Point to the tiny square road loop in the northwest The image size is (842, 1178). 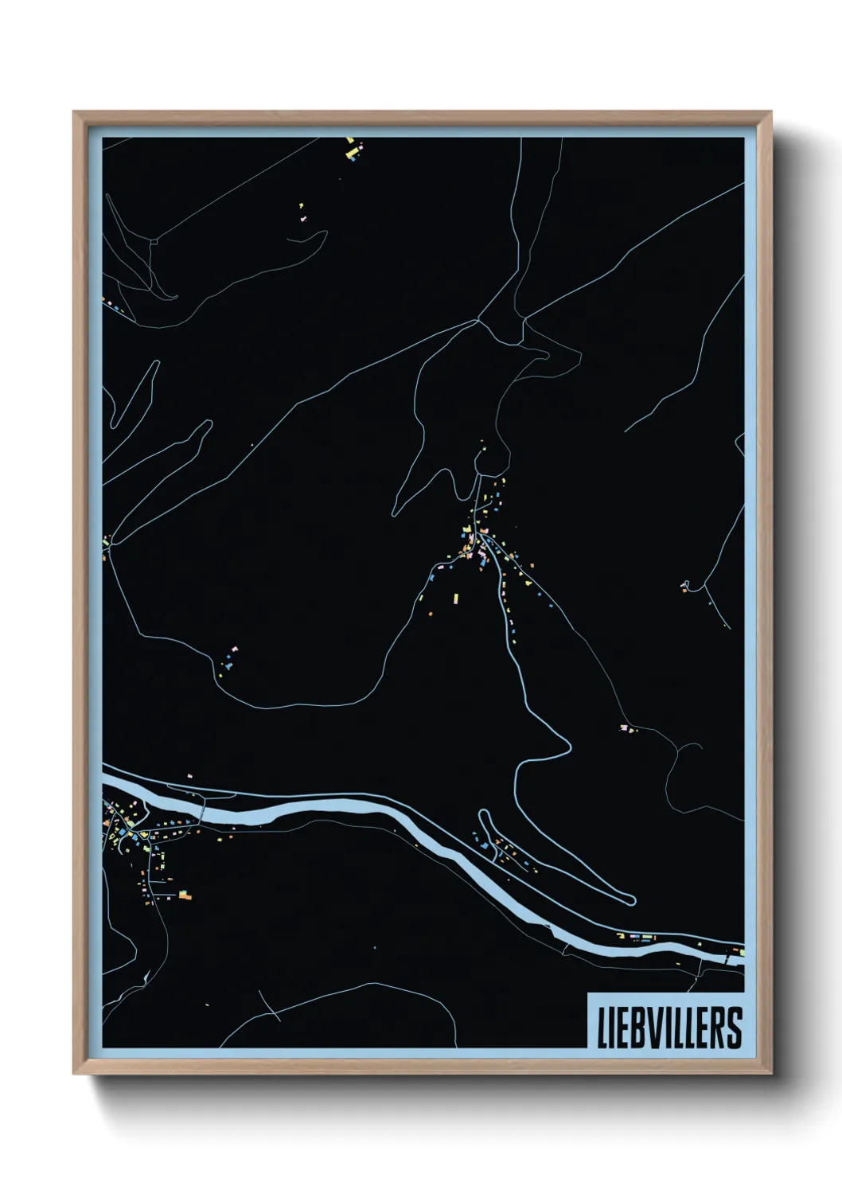point(154,238)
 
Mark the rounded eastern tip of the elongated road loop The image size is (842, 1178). point(632,900)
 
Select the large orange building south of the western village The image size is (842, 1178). point(185,896)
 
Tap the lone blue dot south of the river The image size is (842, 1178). point(372,947)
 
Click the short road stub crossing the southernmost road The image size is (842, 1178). point(271,1006)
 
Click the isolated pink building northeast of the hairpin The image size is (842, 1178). point(624,727)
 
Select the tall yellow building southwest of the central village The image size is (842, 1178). point(456,598)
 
